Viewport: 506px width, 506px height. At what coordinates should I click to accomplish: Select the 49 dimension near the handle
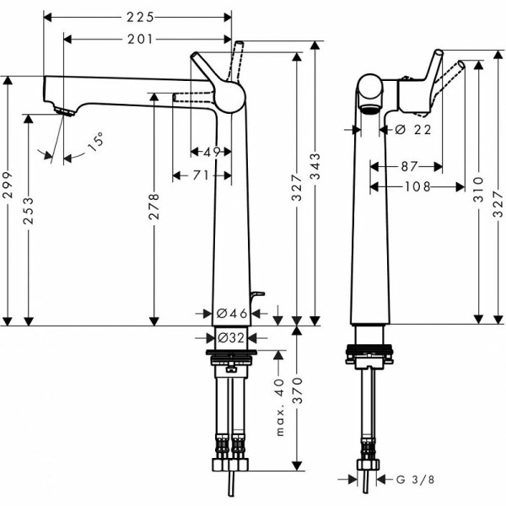212,152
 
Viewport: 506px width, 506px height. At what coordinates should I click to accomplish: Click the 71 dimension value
199,175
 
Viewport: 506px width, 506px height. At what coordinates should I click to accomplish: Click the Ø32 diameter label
231,337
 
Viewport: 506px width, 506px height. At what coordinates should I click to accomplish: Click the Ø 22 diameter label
412,129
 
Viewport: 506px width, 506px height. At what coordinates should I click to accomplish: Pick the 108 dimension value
417,186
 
